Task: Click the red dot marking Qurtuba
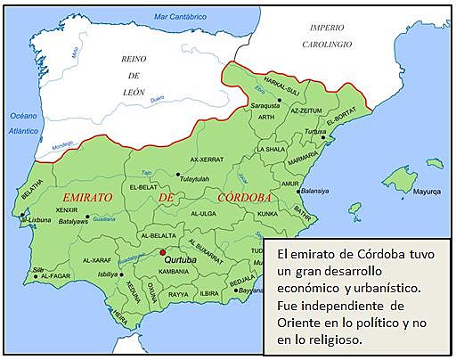click(163, 252)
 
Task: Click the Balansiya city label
click(315, 191)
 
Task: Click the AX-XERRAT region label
click(206, 160)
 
